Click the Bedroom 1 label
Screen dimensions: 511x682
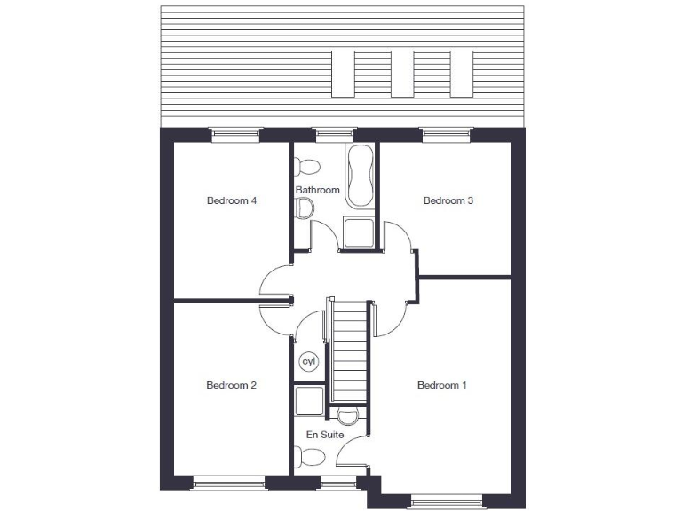point(442,385)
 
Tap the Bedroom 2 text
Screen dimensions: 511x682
point(232,385)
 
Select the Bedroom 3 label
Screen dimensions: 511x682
point(448,200)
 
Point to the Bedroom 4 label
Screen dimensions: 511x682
point(232,200)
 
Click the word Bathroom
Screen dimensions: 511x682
point(318,190)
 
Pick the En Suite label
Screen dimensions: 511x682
point(325,435)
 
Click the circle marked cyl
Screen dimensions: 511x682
point(309,361)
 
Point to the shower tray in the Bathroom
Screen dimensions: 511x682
point(359,232)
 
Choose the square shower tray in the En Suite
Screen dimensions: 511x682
point(310,401)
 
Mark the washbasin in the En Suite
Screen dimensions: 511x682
point(347,415)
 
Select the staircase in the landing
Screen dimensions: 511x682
point(349,351)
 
